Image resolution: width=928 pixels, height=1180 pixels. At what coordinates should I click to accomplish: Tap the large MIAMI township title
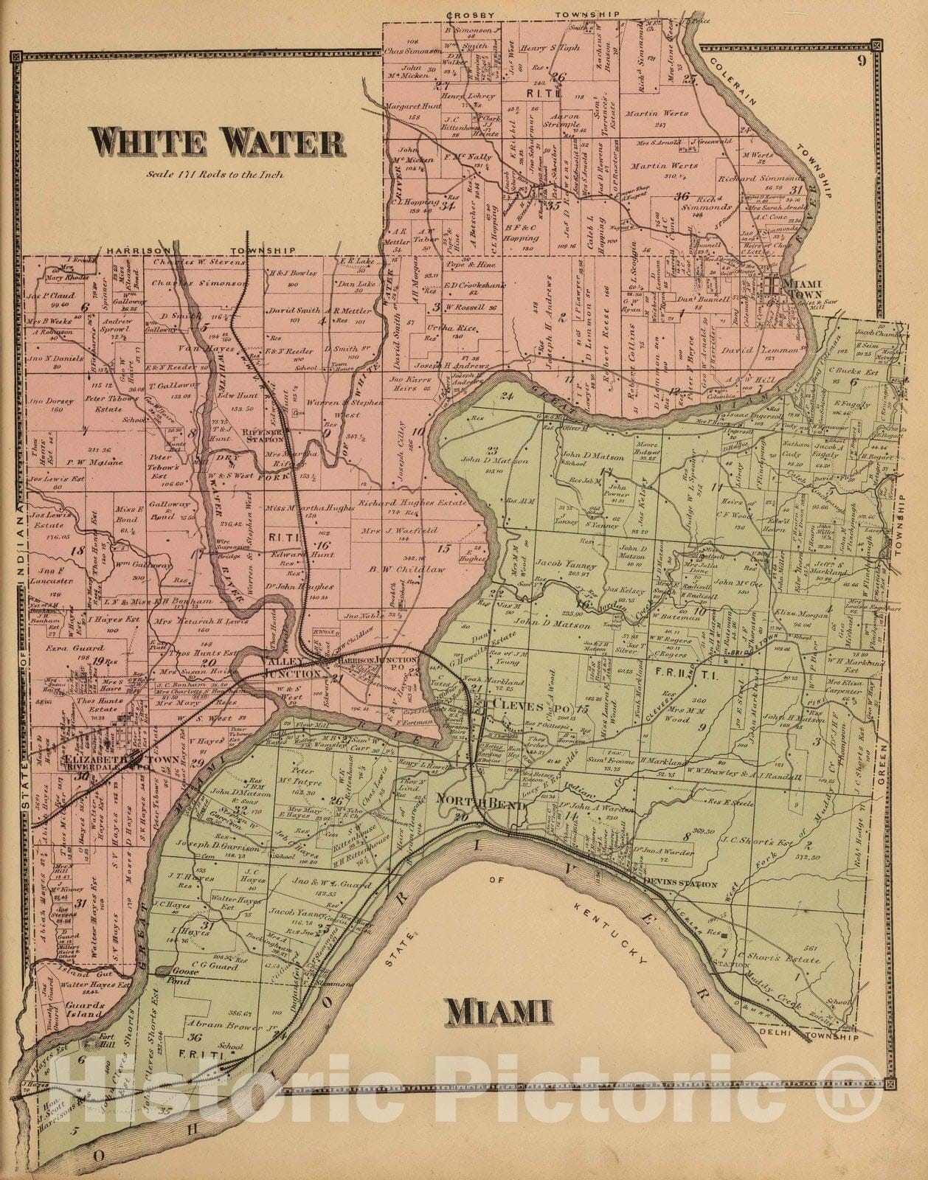[499, 1014]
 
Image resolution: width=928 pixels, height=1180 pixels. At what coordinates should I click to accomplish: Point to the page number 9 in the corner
[861, 61]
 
